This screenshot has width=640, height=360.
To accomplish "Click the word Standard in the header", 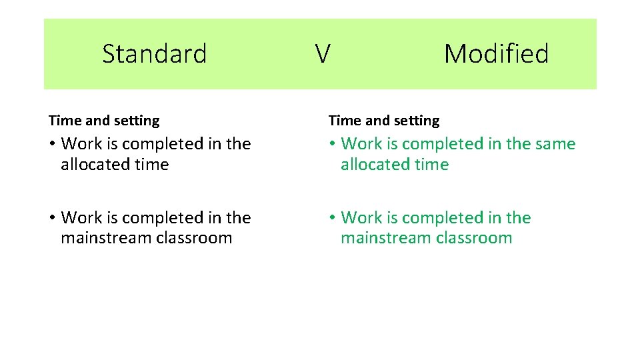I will [x=155, y=53].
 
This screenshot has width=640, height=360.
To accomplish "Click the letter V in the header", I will [x=322, y=53].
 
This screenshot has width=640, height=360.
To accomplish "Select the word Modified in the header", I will [x=496, y=53].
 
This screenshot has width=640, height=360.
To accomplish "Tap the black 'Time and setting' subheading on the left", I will [x=104, y=121].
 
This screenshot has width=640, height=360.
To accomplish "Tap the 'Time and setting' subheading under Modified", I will [x=384, y=121].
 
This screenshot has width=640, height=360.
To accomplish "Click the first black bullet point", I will [x=52, y=145].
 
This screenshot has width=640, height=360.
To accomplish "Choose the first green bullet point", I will [x=332, y=145].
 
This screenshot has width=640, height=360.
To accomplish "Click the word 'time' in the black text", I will [x=153, y=165].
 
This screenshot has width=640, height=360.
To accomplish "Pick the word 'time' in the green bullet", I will [x=433, y=165].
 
